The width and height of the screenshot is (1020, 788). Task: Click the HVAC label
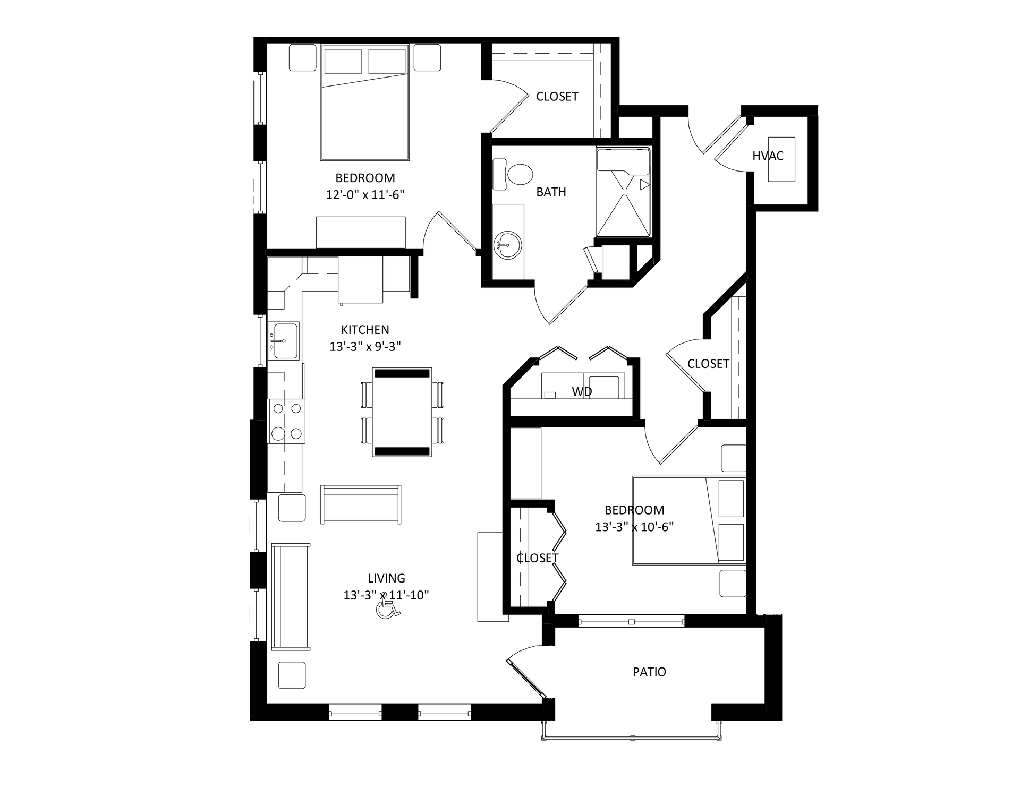click(x=768, y=156)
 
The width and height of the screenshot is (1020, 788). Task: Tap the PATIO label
click(x=649, y=672)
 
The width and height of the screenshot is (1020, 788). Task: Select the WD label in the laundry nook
click(x=582, y=392)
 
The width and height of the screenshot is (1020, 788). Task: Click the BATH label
click(x=551, y=192)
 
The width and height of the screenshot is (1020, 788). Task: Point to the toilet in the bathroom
click(x=514, y=174)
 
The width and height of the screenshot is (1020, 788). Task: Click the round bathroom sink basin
click(x=507, y=246)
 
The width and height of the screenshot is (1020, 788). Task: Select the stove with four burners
click(x=286, y=421)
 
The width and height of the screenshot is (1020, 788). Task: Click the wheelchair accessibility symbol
click(x=388, y=608)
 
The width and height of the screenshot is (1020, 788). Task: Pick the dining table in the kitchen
click(x=402, y=412)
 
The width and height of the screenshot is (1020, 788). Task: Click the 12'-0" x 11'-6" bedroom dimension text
click(x=365, y=195)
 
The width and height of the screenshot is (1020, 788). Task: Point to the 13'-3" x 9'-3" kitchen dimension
click(x=365, y=347)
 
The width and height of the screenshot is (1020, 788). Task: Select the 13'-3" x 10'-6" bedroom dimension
click(x=634, y=527)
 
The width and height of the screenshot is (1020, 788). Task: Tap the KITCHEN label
click(x=365, y=330)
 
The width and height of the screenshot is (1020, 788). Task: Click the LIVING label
click(x=386, y=578)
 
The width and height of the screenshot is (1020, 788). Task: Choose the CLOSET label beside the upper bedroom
click(x=557, y=96)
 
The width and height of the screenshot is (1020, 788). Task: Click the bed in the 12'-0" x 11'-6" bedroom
click(x=365, y=102)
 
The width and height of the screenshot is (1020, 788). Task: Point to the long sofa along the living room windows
click(x=291, y=596)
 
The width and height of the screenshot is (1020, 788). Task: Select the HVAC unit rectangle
click(x=781, y=159)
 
